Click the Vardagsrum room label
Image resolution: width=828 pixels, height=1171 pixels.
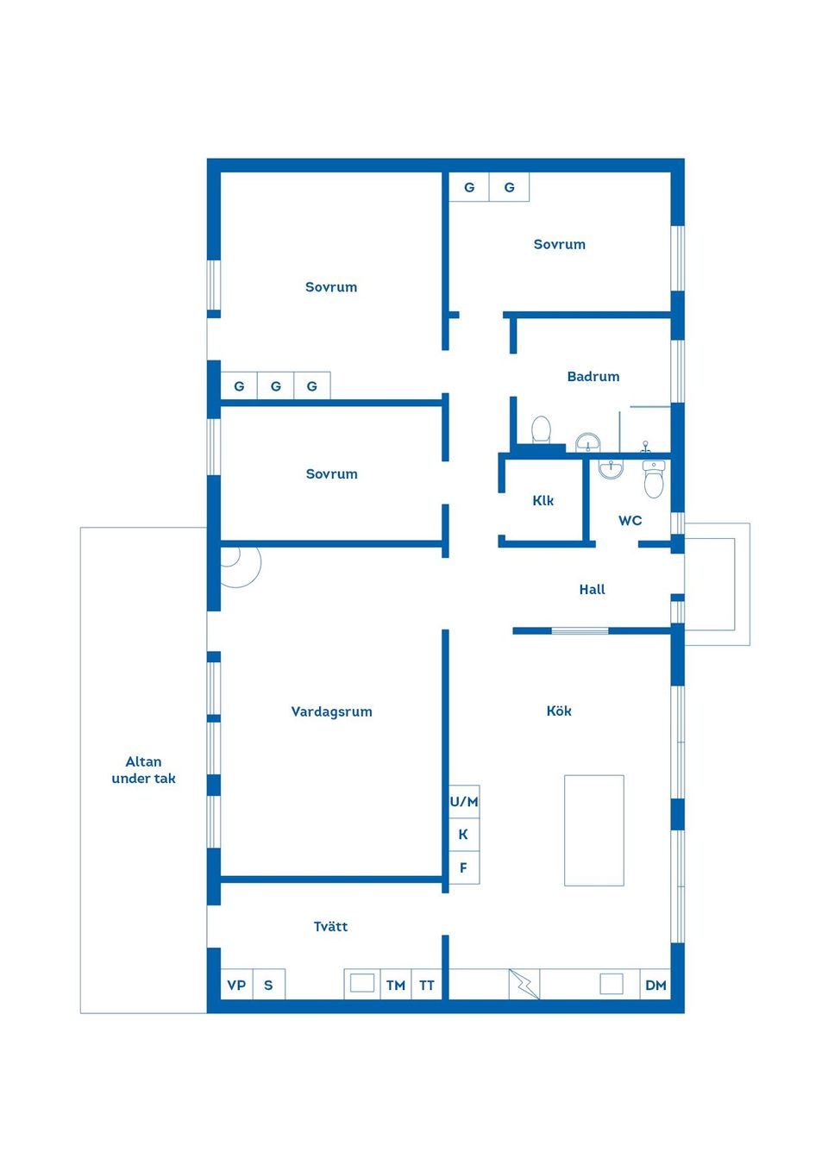pos(331,711)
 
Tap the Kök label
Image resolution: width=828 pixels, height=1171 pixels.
pos(559,711)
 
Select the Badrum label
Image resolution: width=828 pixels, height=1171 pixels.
pos(593,376)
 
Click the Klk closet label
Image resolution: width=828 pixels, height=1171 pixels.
pos(543,500)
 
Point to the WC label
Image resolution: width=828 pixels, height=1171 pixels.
pos(630,520)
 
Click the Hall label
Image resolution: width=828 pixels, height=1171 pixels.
pos(592,589)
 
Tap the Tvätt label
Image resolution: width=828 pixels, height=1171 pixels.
pos(330,926)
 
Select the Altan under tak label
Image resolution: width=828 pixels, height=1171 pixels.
pos(143,769)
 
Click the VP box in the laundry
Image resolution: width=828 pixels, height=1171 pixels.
pos(236,985)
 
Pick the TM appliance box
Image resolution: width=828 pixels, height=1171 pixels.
pos(395,985)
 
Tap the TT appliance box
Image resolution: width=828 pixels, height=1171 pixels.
pos(427,985)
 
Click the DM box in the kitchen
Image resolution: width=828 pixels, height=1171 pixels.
pos(655,985)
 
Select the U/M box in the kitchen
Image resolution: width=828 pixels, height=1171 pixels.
pos(464,801)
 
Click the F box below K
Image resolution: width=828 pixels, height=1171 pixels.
pos(464,867)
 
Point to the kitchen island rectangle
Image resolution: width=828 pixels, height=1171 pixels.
pos(593,830)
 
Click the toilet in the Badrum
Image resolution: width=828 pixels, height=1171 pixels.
pos(541,429)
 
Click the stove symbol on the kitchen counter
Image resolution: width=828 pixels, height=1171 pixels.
pos(611,983)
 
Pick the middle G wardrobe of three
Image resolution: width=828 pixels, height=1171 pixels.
pos(275,385)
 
